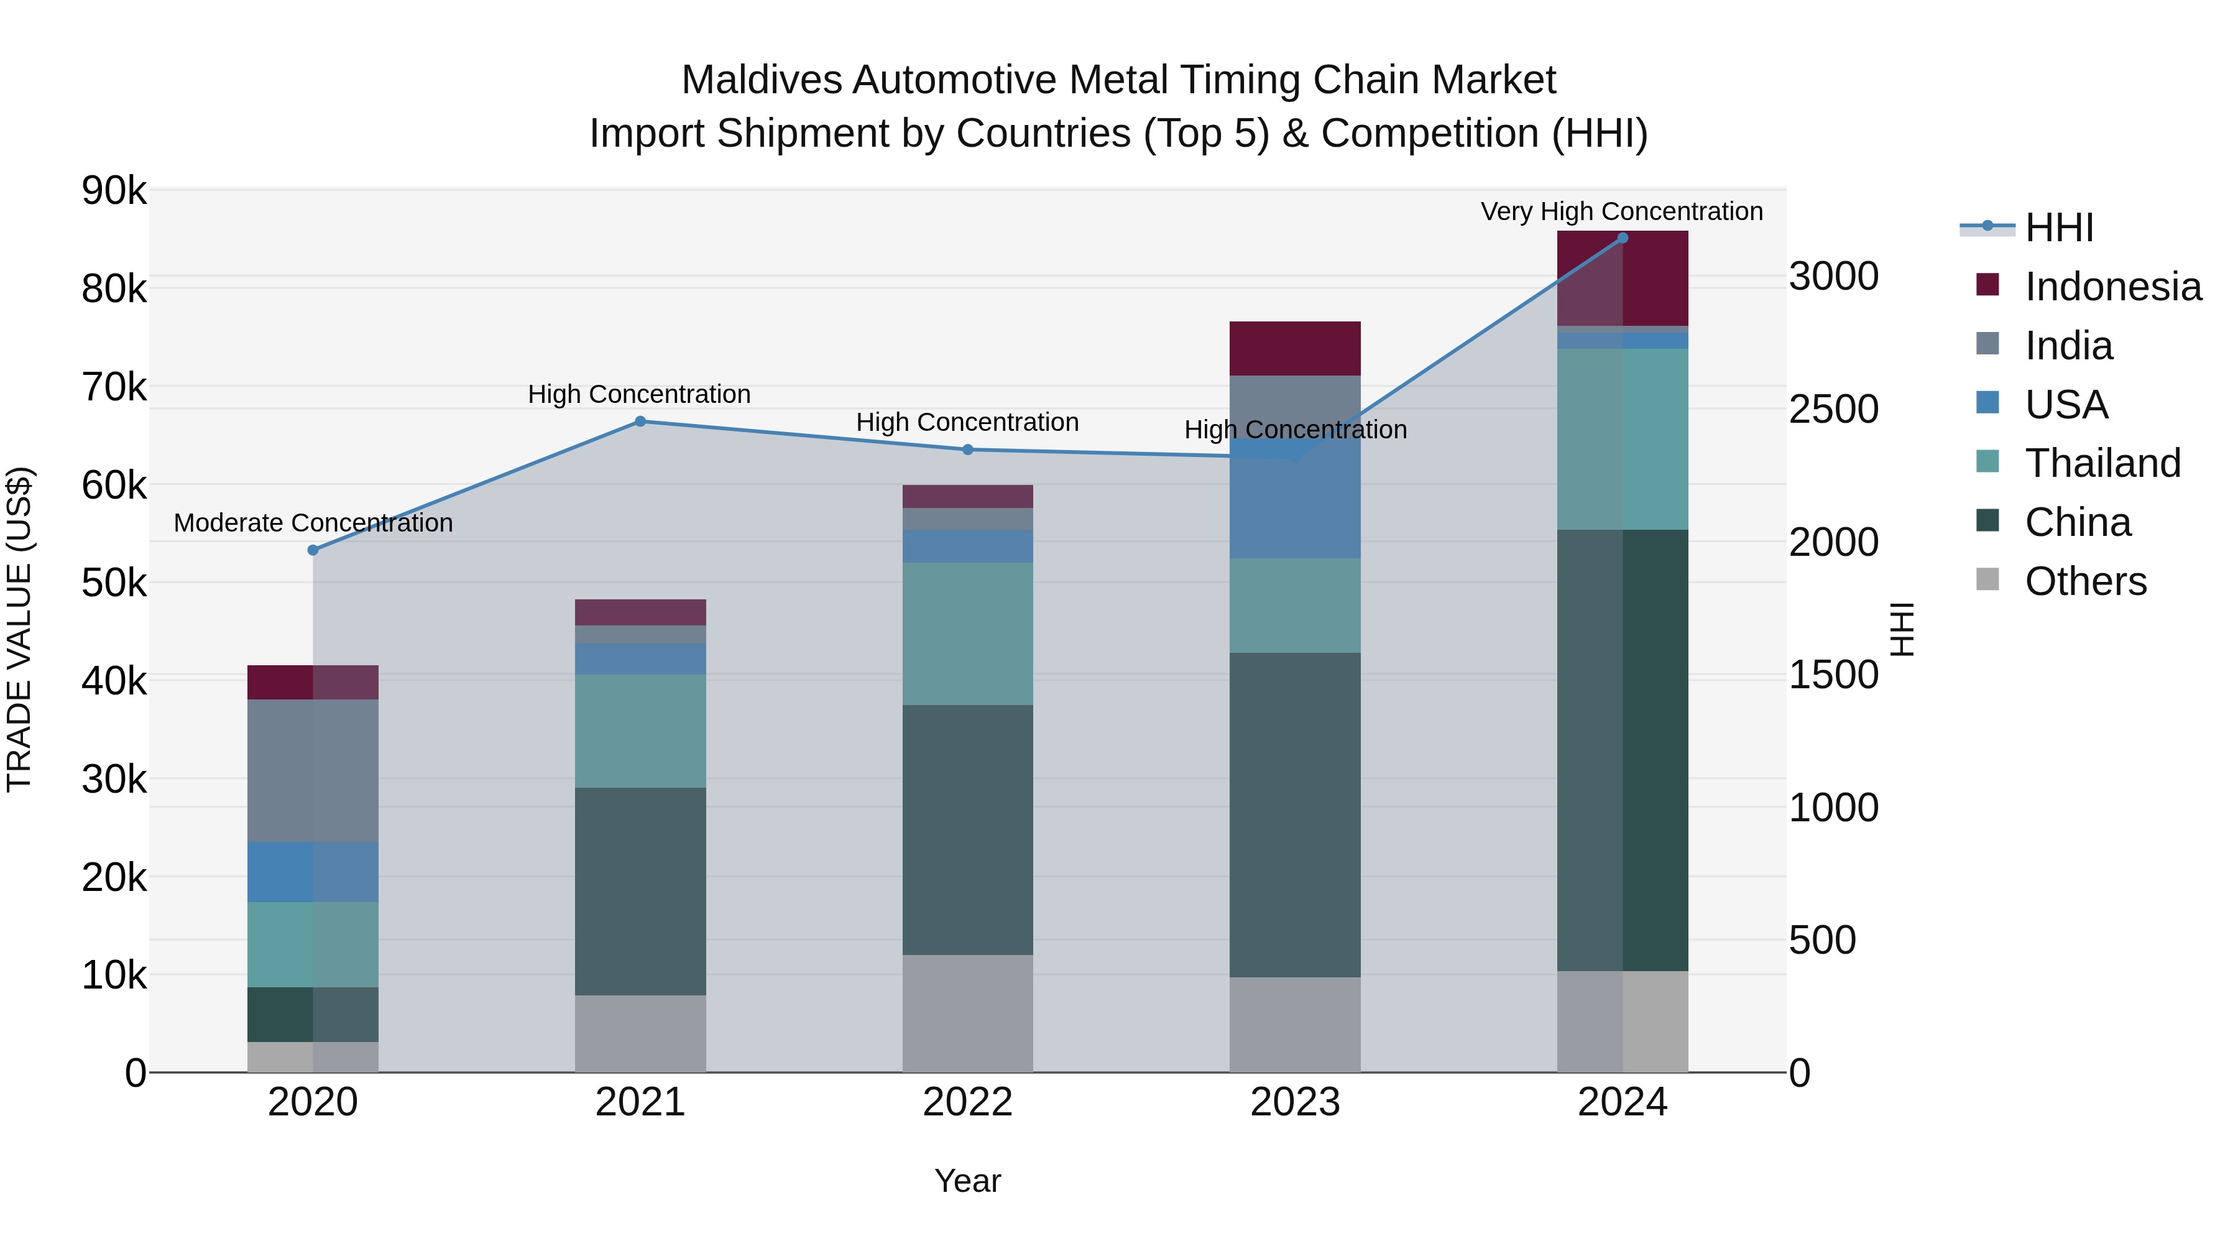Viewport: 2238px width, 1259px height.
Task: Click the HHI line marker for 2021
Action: coord(640,422)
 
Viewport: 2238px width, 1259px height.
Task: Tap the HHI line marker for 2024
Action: coord(1622,238)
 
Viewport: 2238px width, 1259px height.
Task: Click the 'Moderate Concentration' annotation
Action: coord(314,523)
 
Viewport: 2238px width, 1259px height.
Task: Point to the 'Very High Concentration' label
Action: coord(1621,211)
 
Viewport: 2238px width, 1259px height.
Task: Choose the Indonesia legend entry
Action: coord(2111,287)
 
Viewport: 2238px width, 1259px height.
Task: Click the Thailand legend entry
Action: coord(2102,463)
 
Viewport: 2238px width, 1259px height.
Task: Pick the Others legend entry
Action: coord(2084,581)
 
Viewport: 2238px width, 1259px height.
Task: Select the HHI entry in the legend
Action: coord(2058,228)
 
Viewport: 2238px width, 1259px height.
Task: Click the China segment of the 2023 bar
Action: coord(1294,815)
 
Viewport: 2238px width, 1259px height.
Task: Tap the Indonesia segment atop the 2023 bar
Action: coord(1294,348)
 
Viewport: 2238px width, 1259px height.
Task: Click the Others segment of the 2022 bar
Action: coord(968,1013)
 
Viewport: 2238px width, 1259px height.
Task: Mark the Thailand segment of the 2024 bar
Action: coord(1622,439)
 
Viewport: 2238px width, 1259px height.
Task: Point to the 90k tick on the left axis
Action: coord(114,190)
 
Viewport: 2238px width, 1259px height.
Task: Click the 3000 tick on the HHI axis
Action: coord(1833,276)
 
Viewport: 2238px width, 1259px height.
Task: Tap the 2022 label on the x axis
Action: coord(968,1102)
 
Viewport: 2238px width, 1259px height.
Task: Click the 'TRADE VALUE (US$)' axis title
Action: coord(19,629)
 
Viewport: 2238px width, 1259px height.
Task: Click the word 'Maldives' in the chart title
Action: coord(761,80)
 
